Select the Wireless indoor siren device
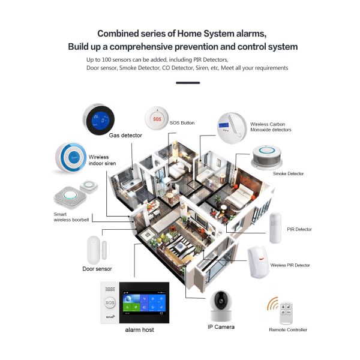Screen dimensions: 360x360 [x=70, y=157]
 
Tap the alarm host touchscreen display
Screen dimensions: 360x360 [x=142, y=304]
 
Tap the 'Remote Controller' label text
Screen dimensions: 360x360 [x=288, y=329]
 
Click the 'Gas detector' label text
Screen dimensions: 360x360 [x=125, y=136]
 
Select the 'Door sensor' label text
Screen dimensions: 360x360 [x=97, y=269]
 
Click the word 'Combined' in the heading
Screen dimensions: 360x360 [x=119, y=34]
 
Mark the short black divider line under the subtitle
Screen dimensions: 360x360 [x=188, y=82]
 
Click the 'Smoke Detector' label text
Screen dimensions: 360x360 [x=288, y=173]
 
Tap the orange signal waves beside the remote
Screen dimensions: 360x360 [x=272, y=304]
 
